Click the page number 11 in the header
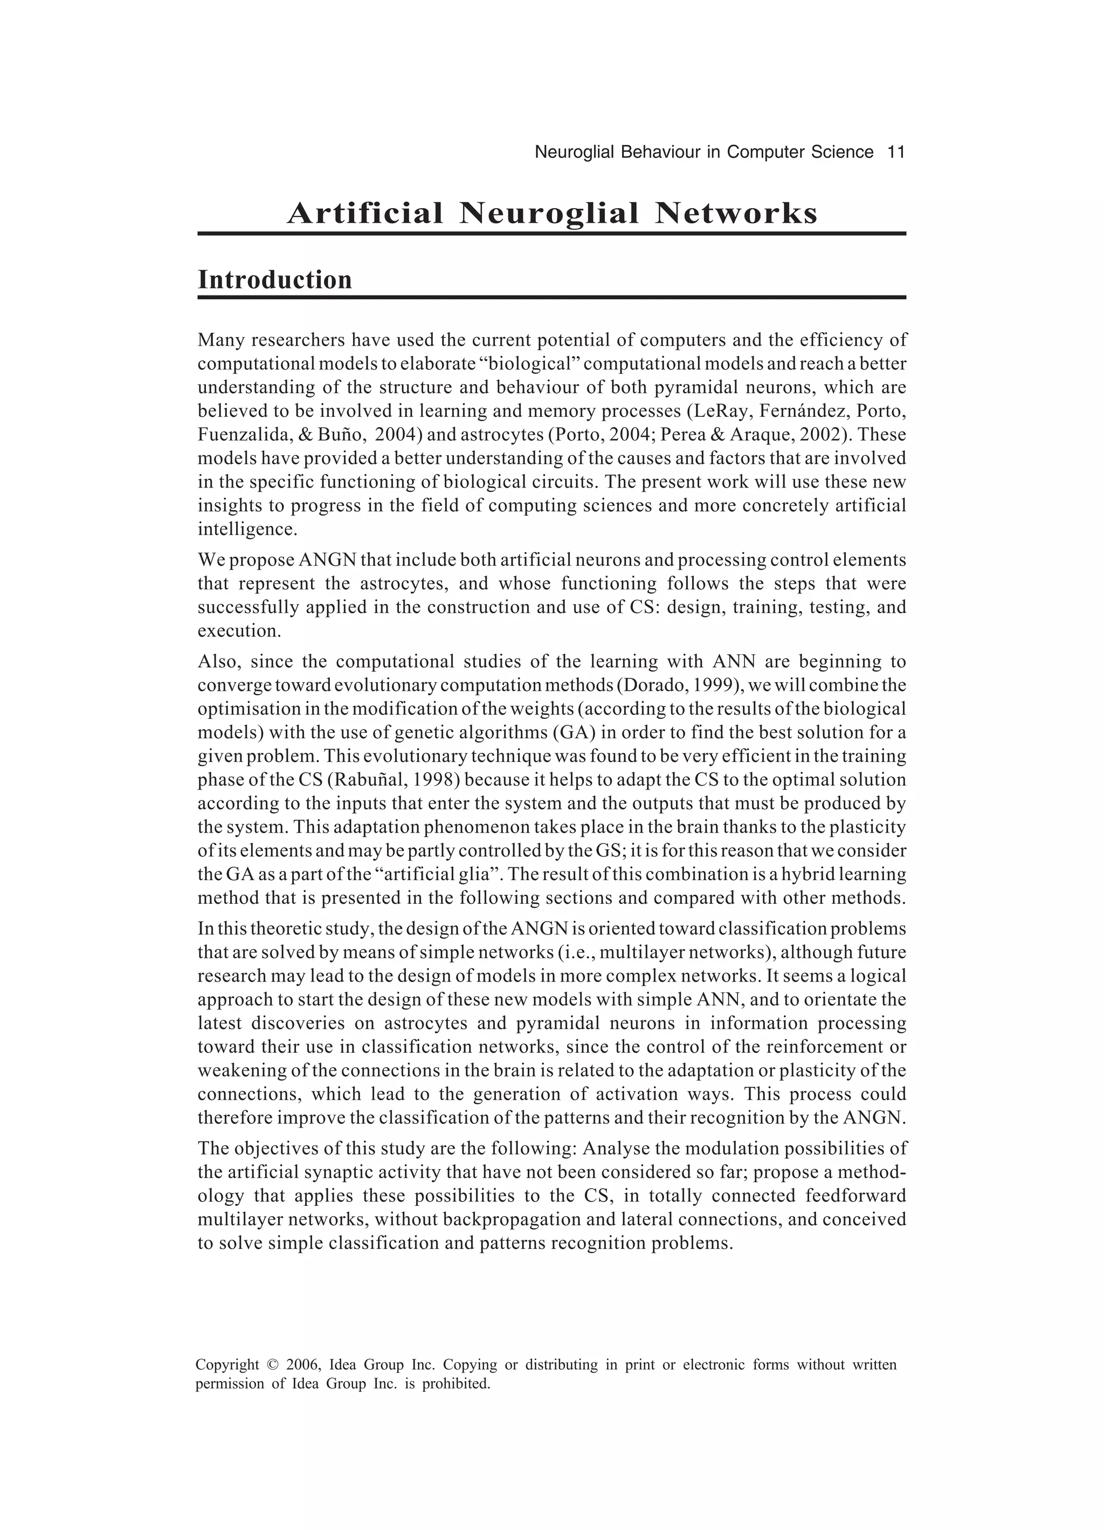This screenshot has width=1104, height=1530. coord(895,153)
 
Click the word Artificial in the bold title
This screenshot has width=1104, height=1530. coord(365,214)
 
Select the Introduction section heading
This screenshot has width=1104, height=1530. coord(274,280)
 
